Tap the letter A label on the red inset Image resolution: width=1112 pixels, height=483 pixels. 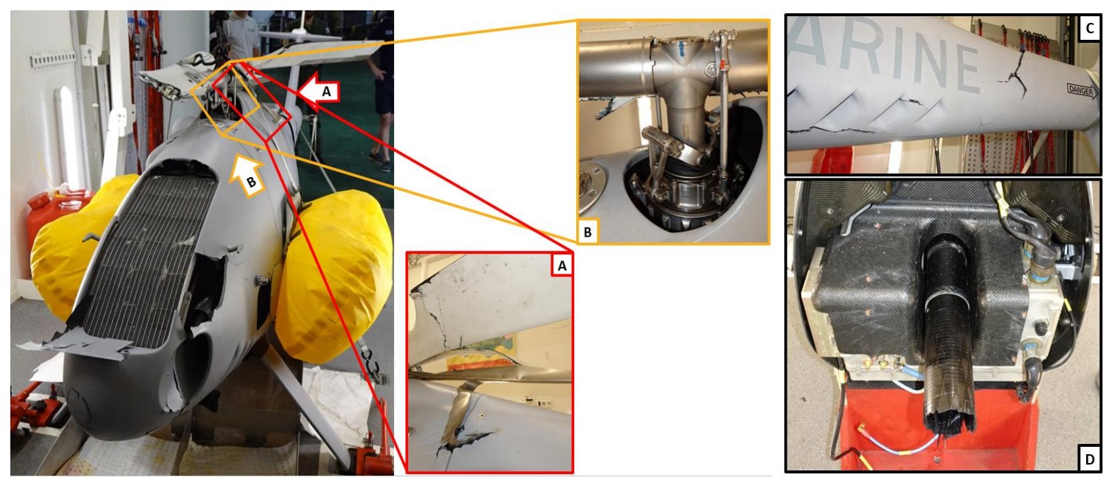click(562, 266)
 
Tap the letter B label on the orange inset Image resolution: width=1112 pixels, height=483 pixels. click(587, 232)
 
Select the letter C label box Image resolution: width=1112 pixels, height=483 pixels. click(1089, 28)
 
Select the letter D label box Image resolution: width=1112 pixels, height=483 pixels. click(1089, 459)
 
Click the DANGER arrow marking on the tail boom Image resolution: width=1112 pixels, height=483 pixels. click(1082, 91)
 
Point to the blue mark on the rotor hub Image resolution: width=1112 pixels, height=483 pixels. click(682, 49)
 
